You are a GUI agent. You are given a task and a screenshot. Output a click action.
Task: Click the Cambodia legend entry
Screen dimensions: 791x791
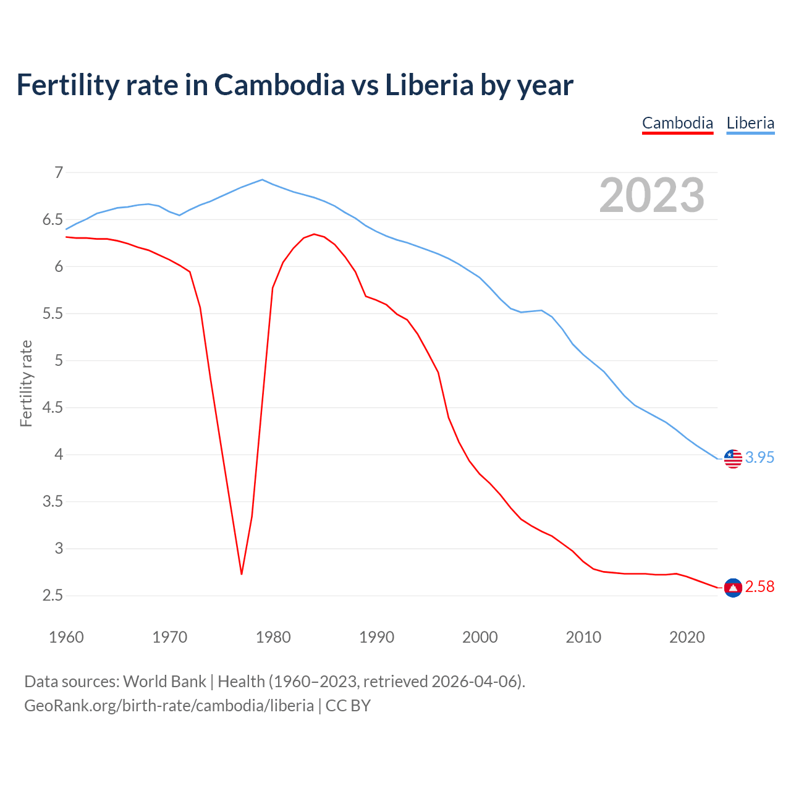pyautogui.click(x=677, y=123)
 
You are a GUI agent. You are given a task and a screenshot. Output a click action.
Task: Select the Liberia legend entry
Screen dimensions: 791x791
pyautogui.click(x=750, y=123)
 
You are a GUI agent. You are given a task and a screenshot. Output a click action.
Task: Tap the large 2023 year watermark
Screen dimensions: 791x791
pyautogui.click(x=652, y=195)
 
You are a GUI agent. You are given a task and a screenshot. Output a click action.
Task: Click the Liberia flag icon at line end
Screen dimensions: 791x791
pyautogui.click(x=733, y=459)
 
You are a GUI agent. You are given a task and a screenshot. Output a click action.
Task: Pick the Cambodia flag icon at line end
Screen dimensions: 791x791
pyautogui.click(x=733, y=587)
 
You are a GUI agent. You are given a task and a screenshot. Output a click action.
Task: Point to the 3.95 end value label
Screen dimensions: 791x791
pyautogui.click(x=759, y=457)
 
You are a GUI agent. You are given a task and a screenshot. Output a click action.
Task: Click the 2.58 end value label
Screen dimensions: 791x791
pyautogui.click(x=759, y=586)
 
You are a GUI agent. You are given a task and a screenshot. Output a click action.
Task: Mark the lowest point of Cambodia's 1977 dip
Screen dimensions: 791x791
pyautogui.click(x=242, y=574)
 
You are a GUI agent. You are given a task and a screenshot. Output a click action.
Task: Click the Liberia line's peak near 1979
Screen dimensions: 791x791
pyautogui.click(x=263, y=180)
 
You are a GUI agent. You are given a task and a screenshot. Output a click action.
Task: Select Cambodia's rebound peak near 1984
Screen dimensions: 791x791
pyautogui.click(x=314, y=234)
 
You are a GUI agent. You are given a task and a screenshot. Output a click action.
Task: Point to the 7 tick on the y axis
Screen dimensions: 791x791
pyautogui.click(x=59, y=172)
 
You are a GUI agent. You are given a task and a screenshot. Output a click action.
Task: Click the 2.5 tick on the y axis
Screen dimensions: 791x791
pyautogui.click(x=53, y=595)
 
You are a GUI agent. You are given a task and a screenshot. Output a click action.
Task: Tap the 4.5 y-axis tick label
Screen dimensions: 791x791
pyautogui.click(x=53, y=407)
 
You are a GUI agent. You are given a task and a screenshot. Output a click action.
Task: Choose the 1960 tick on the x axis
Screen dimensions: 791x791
pyautogui.click(x=66, y=637)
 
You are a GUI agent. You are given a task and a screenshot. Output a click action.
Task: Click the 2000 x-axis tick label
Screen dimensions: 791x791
pyautogui.click(x=480, y=637)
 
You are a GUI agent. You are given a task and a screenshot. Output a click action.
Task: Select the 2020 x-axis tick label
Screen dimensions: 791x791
pyautogui.click(x=687, y=637)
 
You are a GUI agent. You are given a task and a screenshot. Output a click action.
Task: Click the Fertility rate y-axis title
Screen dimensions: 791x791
pyautogui.click(x=26, y=383)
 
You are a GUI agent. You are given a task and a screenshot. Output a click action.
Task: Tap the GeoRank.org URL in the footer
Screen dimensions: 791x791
pyautogui.click(x=169, y=706)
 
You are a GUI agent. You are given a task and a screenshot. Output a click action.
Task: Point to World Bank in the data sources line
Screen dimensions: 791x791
pyautogui.click(x=164, y=682)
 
